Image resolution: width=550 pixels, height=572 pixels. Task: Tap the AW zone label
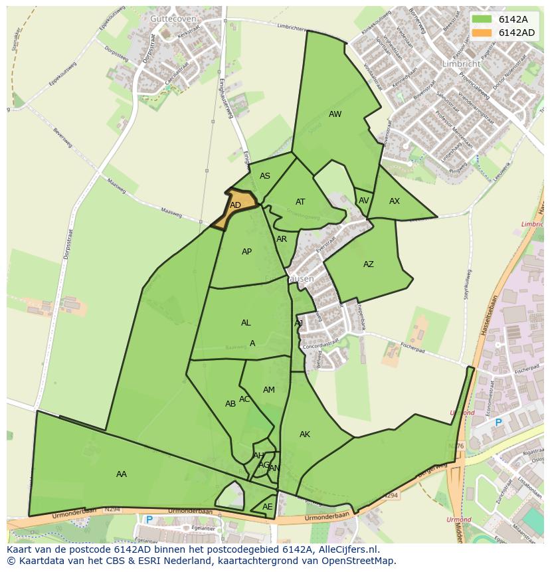point(335,114)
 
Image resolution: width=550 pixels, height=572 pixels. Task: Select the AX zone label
point(395,201)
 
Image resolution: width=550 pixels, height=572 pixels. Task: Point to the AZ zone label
point(369,264)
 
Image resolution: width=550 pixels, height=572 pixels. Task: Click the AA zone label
point(122,474)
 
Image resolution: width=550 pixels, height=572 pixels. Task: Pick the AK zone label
point(305,434)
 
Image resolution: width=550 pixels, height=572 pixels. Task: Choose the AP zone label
point(247,252)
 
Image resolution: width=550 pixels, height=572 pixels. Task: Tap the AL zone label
point(246,323)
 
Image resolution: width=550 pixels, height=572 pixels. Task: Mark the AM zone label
point(269,390)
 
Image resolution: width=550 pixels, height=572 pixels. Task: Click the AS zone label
point(265,176)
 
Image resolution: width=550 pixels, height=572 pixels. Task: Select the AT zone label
point(300,202)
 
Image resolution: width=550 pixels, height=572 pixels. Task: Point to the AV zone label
point(363,201)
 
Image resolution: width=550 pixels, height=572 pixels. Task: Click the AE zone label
point(268,506)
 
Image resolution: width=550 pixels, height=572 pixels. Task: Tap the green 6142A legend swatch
point(482,19)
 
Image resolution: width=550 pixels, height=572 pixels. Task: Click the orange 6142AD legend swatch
point(482,33)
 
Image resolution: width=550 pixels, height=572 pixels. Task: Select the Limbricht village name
point(461,64)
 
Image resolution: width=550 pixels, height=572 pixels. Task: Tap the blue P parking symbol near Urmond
point(498,422)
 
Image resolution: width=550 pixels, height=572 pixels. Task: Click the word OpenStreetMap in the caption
point(361,561)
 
